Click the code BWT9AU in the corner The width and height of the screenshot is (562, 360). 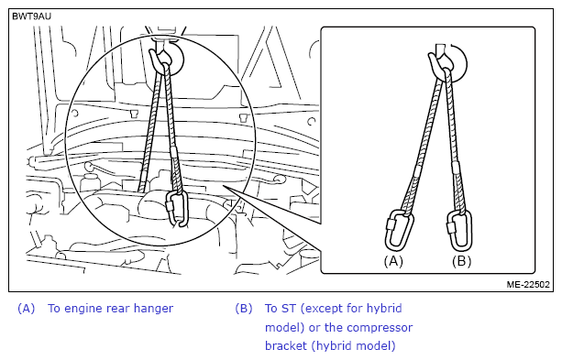[x=31, y=16]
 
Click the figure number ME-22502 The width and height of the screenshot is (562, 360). [x=528, y=284]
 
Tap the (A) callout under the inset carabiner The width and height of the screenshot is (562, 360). [x=393, y=261]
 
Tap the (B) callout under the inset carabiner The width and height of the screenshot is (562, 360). [x=461, y=261]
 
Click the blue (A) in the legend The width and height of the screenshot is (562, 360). [x=27, y=308]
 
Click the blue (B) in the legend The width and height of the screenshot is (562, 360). [x=244, y=308]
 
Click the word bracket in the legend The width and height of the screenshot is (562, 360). [x=286, y=345]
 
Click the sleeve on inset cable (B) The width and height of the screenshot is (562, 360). [x=456, y=168]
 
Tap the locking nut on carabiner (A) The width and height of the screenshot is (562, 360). [x=390, y=224]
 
